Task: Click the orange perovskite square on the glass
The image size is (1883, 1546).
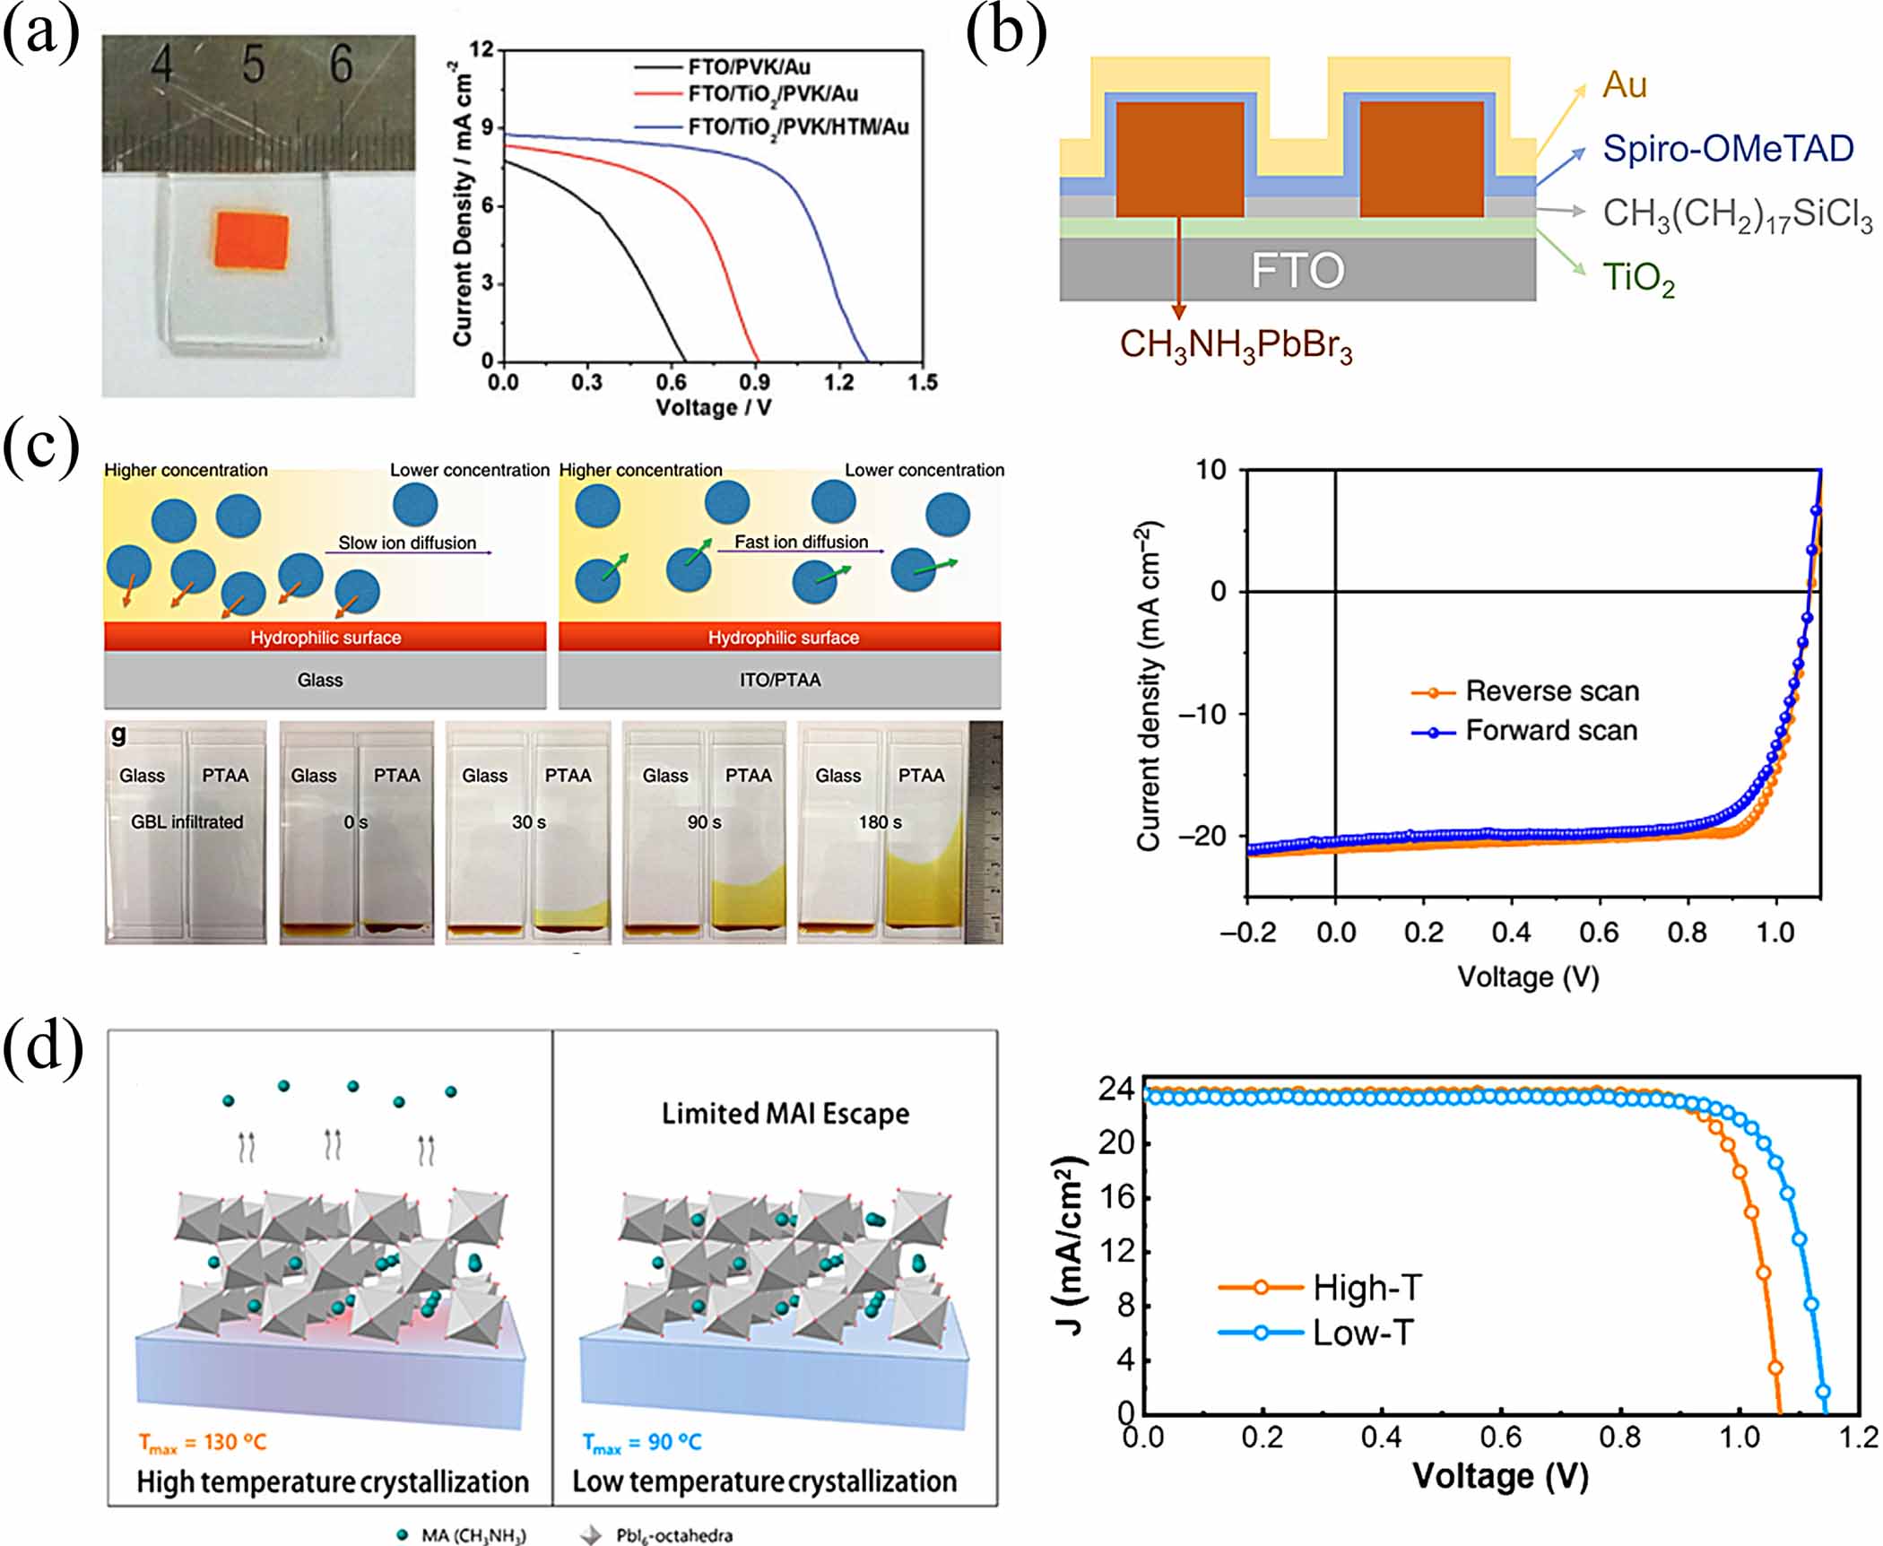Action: (x=252, y=239)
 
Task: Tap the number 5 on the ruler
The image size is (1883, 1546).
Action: (x=253, y=65)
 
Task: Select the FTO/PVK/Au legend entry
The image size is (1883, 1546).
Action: (x=749, y=67)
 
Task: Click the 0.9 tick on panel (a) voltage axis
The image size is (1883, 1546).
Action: (x=754, y=383)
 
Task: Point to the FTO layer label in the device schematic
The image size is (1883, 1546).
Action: (x=1297, y=270)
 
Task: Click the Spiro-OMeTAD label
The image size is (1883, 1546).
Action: (x=1727, y=149)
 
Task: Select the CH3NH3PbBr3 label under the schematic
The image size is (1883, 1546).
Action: (x=1236, y=345)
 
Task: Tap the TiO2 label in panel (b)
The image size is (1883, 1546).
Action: (x=1638, y=278)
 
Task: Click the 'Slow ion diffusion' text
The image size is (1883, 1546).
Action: (x=407, y=543)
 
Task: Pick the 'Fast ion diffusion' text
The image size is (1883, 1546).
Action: (x=801, y=542)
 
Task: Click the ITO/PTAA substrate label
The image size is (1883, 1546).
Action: (x=779, y=680)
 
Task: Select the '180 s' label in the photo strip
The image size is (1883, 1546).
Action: (x=880, y=821)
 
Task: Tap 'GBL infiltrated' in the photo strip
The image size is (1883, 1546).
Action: (x=187, y=821)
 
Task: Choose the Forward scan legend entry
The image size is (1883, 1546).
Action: (x=1550, y=731)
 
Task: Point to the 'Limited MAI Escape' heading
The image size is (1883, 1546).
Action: (x=785, y=1114)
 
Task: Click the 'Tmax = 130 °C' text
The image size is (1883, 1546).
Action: (x=203, y=1442)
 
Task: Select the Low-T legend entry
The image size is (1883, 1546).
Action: (x=1362, y=1333)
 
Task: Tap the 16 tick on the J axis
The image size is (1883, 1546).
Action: (x=1116, y=1197)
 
